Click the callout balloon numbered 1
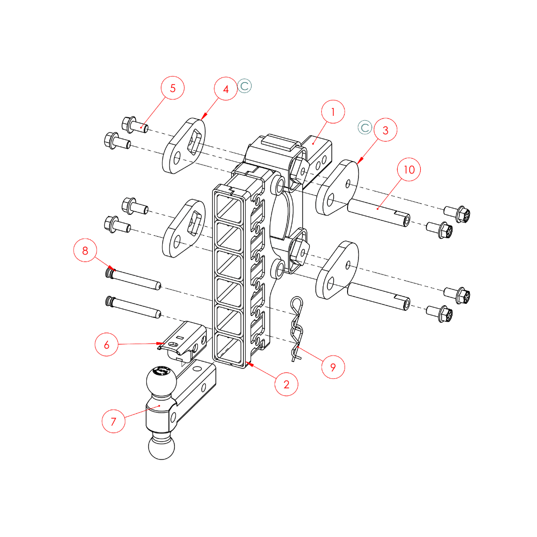[x=333, y=113]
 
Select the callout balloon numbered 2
[x=286, y=384]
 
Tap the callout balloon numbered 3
[x=385, y=131]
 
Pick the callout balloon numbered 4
[x=226, y=89]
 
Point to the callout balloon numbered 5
[x=173, y=88]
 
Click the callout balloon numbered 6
[x=107, y=344]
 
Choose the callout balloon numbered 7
[x=113, y=421]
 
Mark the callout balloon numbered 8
[x=85, y=251]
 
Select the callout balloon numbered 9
[x=333, y=367]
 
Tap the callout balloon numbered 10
[x=409, y=170]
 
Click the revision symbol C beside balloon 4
[x=245, y=86]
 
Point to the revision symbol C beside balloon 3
[x=365, y=127]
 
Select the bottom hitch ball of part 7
[x=162, y=446]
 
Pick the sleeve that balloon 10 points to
[x=378, y=212]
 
